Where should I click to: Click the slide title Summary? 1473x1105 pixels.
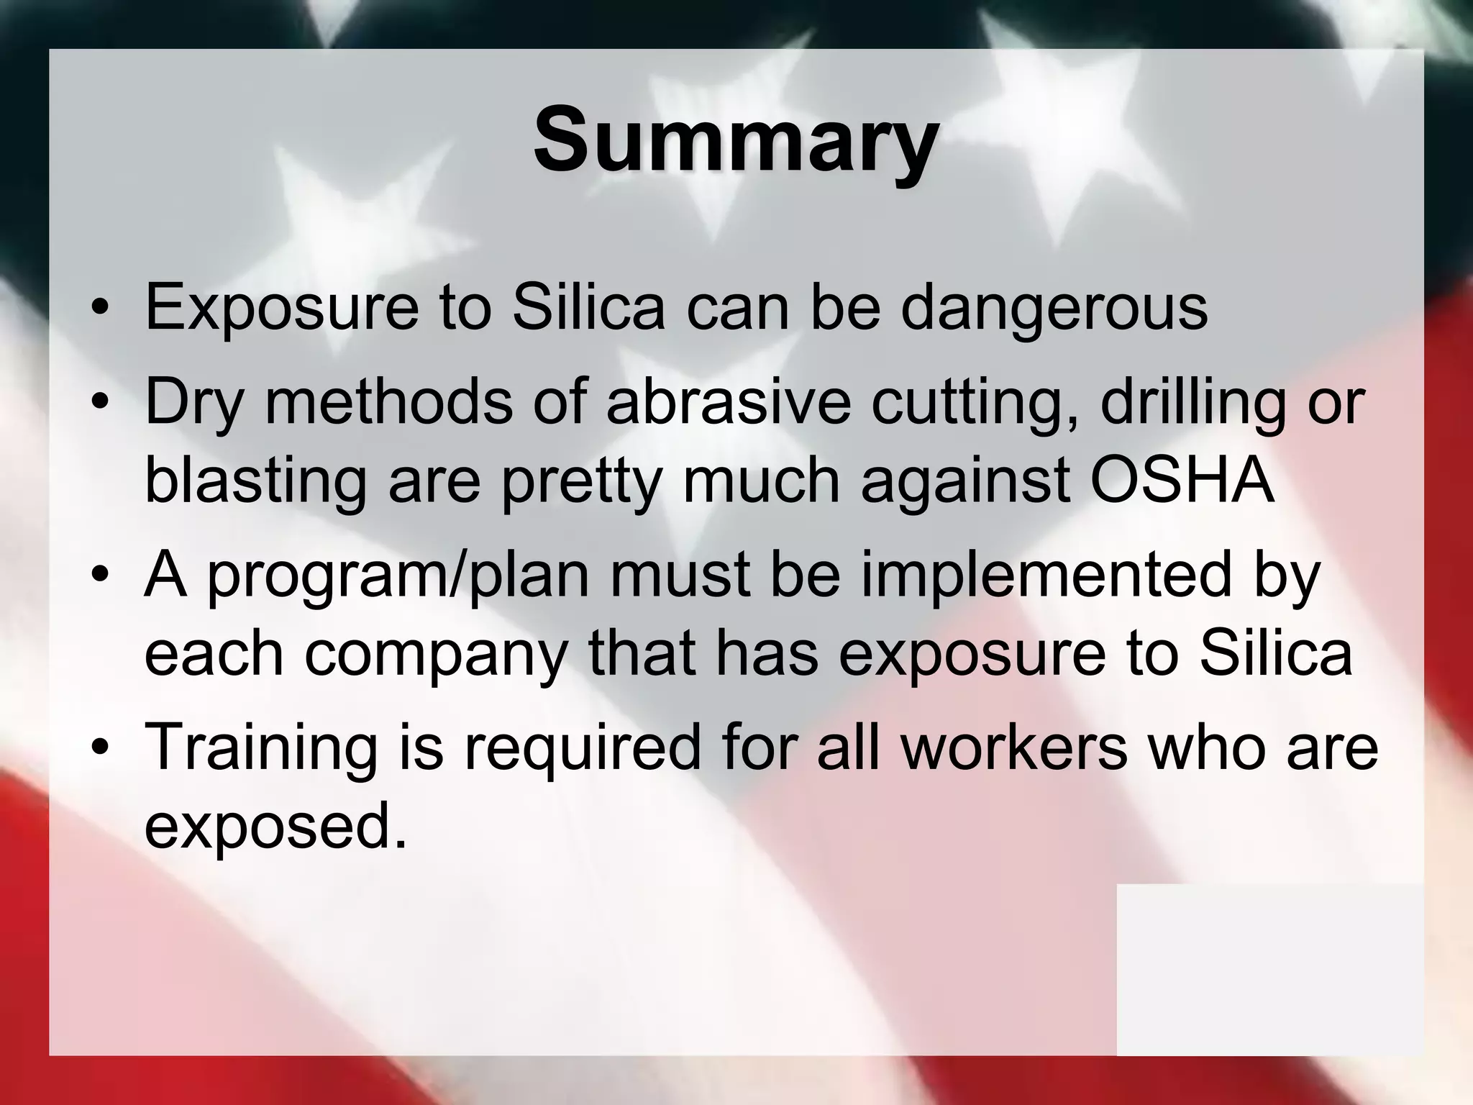point(735,140)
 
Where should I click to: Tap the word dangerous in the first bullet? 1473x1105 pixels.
point(1054,308)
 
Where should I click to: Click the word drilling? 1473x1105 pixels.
point(1192,403)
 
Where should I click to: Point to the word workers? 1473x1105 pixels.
point(1014,748)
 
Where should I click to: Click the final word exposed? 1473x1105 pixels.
point(275,827)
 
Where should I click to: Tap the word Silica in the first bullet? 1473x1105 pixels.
point(588,308)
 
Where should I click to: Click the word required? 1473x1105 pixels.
point(581,748)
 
